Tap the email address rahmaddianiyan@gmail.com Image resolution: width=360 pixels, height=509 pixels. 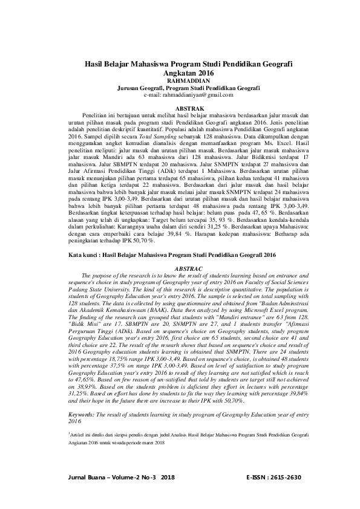point(188,96)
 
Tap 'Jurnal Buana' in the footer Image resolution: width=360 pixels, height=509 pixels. point(87,477)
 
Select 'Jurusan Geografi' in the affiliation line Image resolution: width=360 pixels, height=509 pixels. point(141,88)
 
